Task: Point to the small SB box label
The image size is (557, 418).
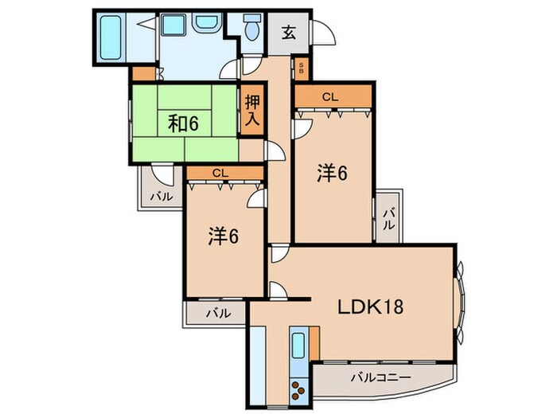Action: (x=302, y=68)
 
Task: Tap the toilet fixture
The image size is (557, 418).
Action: (x=252, y=31)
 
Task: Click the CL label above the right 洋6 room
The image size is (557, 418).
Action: (x=329, y=97)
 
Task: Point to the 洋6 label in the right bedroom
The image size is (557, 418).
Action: (x=333, y=174)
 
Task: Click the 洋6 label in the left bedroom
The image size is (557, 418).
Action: (x=224, y=236)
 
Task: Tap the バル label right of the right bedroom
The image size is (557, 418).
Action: (x=388, y=217)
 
